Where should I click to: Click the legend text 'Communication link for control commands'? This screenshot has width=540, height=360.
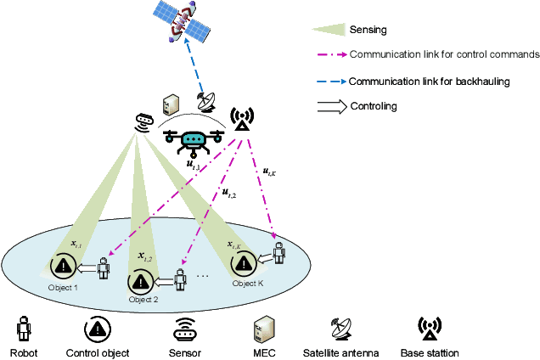point(444,54)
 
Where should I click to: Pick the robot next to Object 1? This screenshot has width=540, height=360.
point(103,268)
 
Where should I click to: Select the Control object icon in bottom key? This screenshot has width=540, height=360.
point(98,328)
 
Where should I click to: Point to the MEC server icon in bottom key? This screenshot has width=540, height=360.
point(262,328)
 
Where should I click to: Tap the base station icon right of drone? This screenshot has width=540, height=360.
point(240,121)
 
